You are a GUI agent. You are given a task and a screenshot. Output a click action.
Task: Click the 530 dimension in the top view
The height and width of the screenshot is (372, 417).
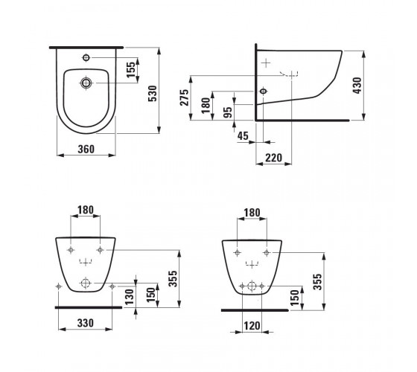(153, 94)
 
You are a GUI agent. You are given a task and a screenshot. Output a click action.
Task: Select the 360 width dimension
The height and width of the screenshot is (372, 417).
(86, 149)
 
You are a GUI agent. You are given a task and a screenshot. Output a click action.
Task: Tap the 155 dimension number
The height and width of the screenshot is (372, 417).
(131, 70)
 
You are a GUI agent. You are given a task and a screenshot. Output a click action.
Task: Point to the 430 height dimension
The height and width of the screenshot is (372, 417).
(357, 86)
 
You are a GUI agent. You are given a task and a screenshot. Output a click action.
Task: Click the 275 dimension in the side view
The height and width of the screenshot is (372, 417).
(185, 97)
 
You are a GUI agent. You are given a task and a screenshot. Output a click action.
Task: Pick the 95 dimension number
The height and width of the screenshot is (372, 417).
(228, 112)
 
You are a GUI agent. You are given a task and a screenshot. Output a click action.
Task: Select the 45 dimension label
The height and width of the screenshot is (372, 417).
(243, 135)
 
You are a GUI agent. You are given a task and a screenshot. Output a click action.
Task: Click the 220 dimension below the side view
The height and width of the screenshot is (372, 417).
(274, 158)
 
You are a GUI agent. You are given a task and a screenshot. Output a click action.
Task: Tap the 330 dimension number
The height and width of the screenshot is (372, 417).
(86, 323)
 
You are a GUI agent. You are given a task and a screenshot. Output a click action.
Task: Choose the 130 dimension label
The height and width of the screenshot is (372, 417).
(129, 297)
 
